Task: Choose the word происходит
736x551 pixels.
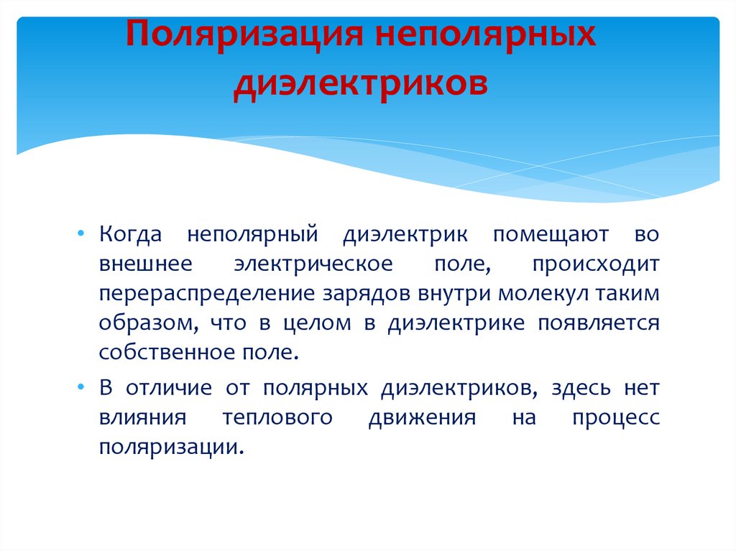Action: [596, 264]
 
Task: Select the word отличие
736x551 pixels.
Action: [170, 388]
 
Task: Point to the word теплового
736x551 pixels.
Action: [277, 418]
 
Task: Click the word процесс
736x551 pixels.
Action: [615, 418]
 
